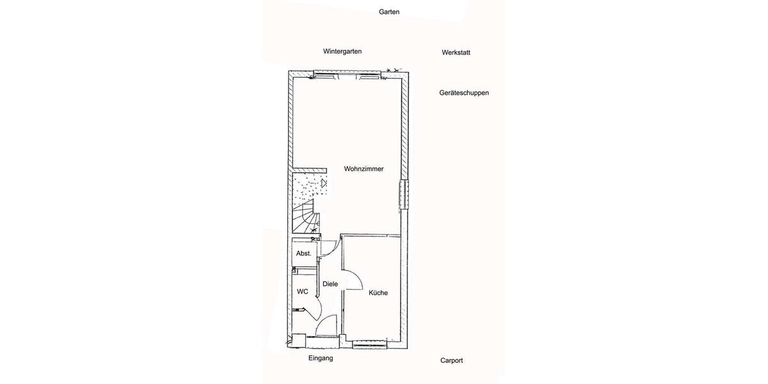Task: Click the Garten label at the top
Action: pos(389,12)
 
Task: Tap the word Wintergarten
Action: pos(342,51)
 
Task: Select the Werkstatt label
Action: pos(456,52)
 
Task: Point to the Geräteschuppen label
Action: pos(464,93)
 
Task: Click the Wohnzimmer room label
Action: pos(364,169)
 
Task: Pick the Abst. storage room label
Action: pos(303,253)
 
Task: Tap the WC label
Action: pos(303,292)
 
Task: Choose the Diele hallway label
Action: pos(330,284)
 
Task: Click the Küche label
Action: pos(378,293)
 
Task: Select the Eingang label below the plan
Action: pos(321,358)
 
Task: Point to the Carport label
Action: pos(451,360)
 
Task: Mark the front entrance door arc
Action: pos(328,324)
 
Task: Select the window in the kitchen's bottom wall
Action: pos(371,345)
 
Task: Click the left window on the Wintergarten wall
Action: pos(324,76)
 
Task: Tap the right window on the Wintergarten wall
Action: pos(369,76)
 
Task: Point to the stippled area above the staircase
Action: pos(308,186)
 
